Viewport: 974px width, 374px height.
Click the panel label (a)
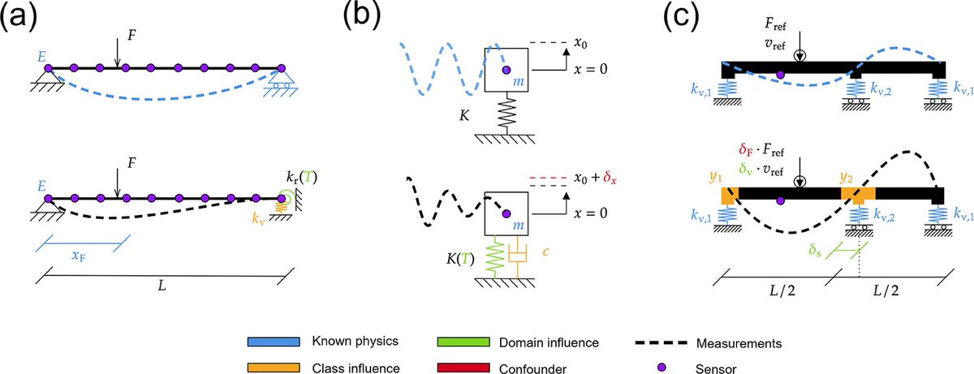[x=24, y=19]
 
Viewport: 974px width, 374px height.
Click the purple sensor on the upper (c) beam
[x=780, y=75]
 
